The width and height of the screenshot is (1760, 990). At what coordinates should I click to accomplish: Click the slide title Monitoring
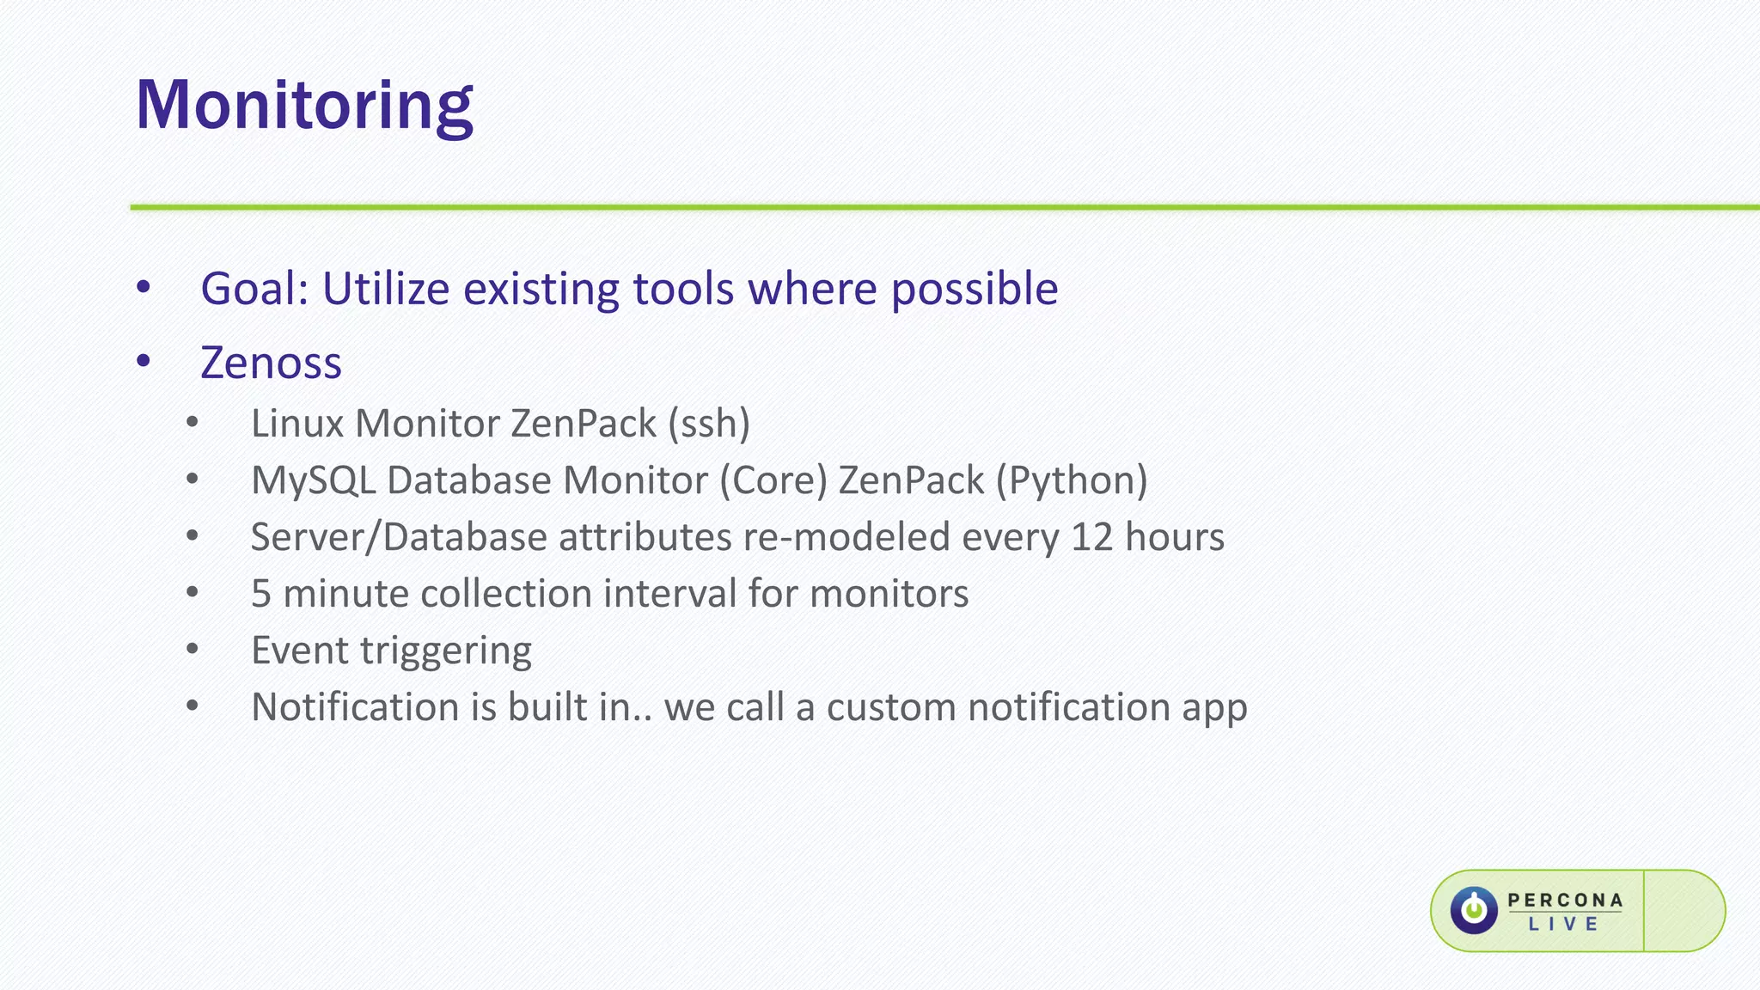point(304,105)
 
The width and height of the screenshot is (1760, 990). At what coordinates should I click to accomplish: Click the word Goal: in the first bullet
point(254,289)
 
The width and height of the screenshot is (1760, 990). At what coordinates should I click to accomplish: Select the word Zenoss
point(271,363)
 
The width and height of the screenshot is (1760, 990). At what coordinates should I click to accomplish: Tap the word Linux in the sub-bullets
point(297,424)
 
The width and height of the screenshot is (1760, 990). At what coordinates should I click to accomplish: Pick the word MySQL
point(313,480)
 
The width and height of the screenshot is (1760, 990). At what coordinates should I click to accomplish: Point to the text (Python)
point(1072,480)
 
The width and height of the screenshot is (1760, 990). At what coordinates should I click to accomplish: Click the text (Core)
point(773,480)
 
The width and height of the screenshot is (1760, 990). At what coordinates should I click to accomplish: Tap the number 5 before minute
point(260,594)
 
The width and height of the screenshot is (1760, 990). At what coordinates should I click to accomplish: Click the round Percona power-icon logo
point(1474,910)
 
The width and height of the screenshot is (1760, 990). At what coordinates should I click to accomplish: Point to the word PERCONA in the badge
point(1565,900)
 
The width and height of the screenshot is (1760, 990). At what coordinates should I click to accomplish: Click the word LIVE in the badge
point(1563,925)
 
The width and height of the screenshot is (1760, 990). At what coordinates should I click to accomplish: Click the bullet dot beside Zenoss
point(144,362)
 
